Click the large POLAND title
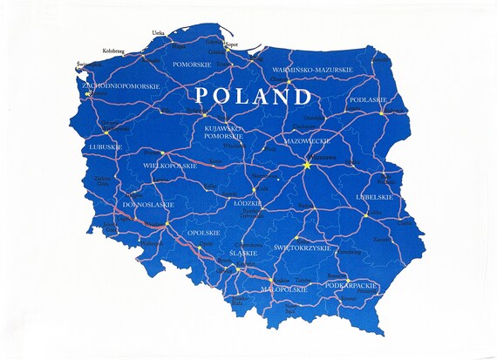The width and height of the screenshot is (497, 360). coord(253,95)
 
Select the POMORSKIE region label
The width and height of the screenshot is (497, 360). coord(193,65)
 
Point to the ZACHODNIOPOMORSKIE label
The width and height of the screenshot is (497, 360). coord(120,86)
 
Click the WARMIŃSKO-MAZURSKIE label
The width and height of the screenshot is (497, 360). coord(311,69)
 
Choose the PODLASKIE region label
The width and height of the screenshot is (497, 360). coord(368,99)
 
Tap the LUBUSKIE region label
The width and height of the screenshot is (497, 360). coord(106,147)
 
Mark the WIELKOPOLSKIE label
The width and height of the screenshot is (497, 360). coord(168,164)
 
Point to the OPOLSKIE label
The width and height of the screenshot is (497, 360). coord(203,233)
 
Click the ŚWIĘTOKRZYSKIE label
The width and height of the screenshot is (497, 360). coord(303,248)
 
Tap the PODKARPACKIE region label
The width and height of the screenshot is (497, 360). coord(350,285)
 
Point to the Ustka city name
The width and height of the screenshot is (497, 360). coord(158,33)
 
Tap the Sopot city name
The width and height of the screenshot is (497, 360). coord(231,43)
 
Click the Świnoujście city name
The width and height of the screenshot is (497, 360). coord(87,64)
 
